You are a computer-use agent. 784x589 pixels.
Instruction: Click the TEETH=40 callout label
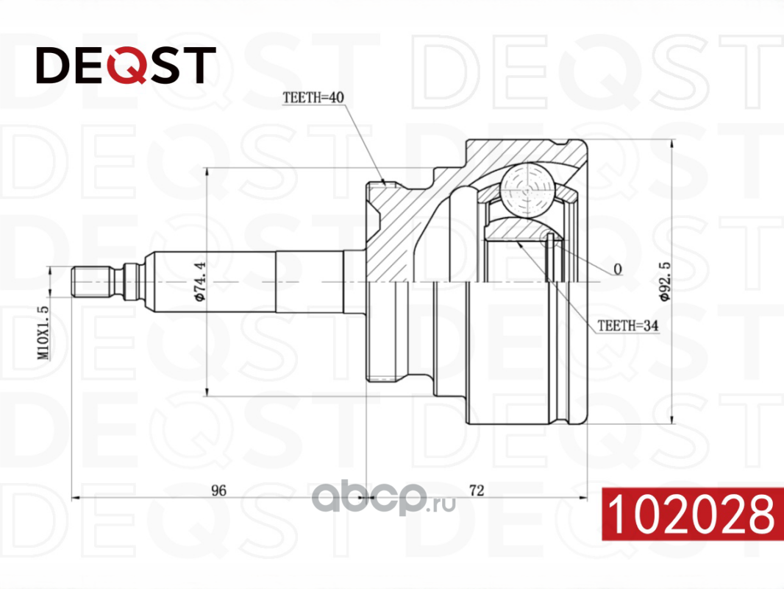313,97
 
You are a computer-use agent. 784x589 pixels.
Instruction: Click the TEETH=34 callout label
628,325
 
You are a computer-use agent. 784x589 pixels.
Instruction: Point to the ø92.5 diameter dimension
665,281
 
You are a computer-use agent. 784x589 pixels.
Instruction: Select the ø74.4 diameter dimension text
200,281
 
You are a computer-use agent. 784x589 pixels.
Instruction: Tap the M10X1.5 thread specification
44,332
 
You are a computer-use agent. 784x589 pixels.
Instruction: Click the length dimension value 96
218,490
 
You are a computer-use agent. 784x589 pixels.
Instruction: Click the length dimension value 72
477,490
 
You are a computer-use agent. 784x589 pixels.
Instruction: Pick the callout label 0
618,269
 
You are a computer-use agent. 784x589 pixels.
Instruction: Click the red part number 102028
692,514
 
